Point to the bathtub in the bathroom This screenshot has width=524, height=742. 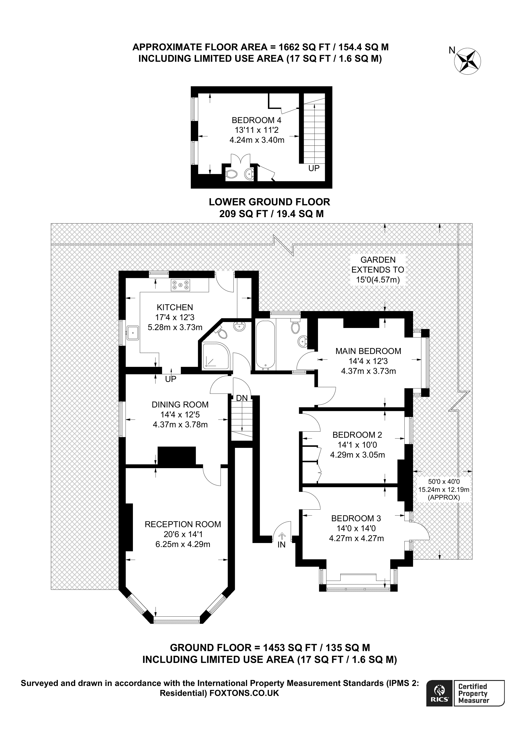(265, 345)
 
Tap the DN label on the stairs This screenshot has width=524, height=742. (242, 398)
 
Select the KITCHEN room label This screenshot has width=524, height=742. (175, 307)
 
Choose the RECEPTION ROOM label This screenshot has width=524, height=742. (183, 524)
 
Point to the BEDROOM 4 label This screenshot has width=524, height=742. (256, 120)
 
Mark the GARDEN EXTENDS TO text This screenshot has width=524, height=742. (378, 264)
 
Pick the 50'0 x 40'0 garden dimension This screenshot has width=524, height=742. (443, 481)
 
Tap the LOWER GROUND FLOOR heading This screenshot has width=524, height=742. (269, 202)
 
